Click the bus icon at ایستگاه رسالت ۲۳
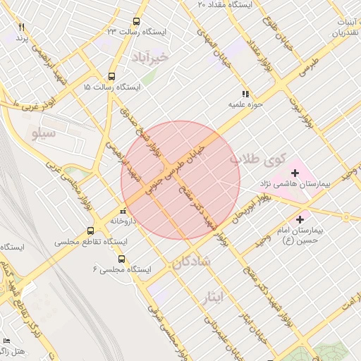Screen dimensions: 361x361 pyautogui.click(x=136, y=22)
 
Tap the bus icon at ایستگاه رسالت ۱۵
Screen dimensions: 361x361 pyautogui.click(x=111, y=76)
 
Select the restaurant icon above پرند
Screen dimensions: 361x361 pyautogui.click(x=21, y=27)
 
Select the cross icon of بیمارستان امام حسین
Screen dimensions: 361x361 pyautogui.click(x=302, y=220)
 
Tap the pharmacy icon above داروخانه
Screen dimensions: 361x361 pyautogui.click(x=123, y=210)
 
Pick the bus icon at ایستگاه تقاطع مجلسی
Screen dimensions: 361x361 pyautogui.click(x=90, y=231)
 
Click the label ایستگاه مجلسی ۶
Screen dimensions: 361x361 pyautogui.click(x=122, y=269)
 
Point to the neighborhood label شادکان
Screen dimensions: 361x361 pyautogui.click(x=190, y=262)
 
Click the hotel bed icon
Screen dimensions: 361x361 pyautogui.click(x=6, y=341)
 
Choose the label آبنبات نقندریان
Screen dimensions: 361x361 pyautogui.click(x=340, y=26)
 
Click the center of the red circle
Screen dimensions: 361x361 pyautogui.click(x=180, y=180)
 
